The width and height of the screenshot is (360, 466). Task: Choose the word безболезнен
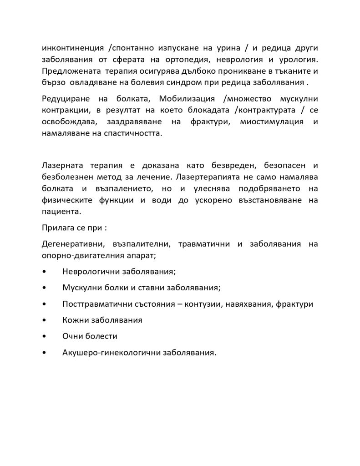pos(68,175)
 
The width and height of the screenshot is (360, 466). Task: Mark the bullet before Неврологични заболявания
pos(43,272)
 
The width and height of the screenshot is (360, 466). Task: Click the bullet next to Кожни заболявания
pos(43,320)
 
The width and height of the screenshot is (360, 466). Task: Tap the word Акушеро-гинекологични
pos(108,352)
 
